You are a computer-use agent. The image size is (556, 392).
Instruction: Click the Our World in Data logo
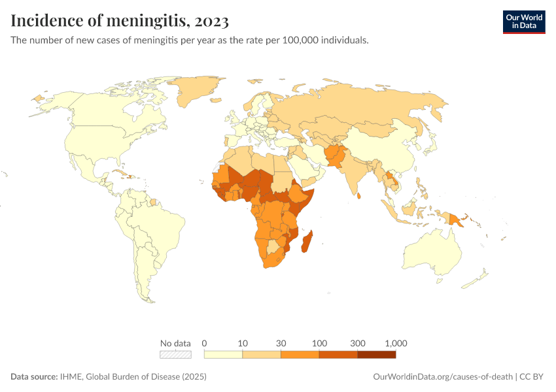pos(523,22)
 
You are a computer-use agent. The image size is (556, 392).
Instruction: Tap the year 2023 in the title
pos(211,21)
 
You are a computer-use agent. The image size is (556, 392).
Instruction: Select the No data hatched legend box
pos(175,355)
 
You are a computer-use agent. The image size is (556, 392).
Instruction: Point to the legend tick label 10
pos(243,343)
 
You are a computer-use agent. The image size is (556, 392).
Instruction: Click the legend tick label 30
pos(281,343)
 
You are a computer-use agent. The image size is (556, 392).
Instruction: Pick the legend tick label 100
pos(319,343)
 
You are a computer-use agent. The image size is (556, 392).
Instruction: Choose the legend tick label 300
pos(358,343)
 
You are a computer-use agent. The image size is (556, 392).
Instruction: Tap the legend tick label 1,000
pos(396,343)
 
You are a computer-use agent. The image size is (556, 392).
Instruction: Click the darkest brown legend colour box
pos(377,355)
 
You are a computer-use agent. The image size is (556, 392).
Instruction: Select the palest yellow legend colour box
pos(223,355)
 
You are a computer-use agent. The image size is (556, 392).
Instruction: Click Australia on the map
pos(435,252)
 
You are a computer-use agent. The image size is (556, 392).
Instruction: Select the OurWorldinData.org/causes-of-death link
pos(442,377)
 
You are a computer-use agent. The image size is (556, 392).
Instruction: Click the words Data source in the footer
pos(34,377)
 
